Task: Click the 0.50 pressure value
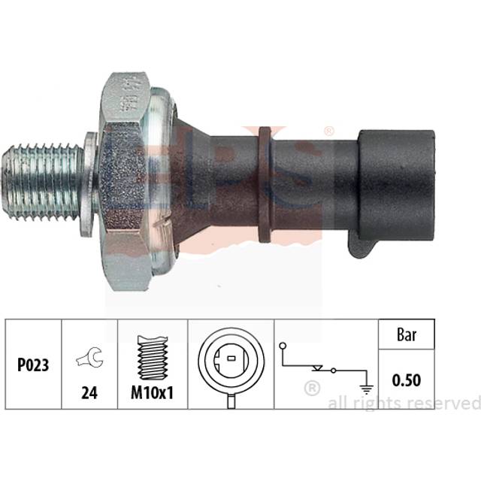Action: (406, 381)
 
